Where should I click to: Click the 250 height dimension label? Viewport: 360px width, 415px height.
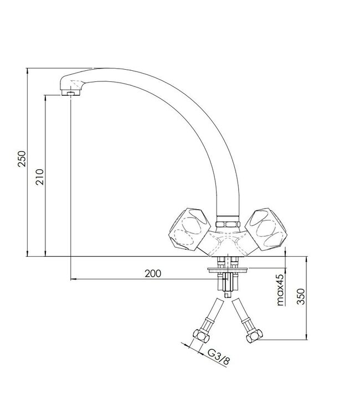pyautogui.click(x=22, y=162)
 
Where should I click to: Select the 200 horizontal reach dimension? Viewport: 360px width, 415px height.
pyautogui.click(x=155, y=273)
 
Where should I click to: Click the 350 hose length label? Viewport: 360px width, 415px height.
pyautogui.click(x=300, y=297)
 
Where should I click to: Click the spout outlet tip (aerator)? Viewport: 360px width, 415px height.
pyautogui.click(x=70, y=94)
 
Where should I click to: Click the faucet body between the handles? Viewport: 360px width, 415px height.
pyautogui.click(x=226, y=241)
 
